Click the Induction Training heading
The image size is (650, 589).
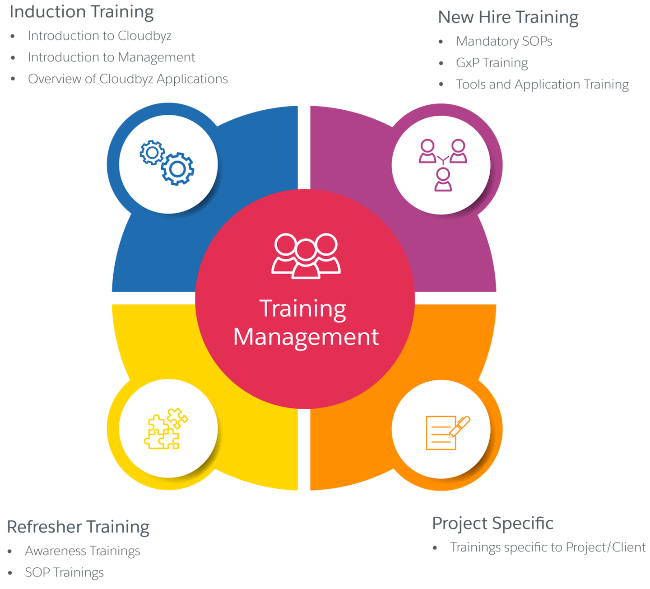[81, 12]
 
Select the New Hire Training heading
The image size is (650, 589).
[508, 18]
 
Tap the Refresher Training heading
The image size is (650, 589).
[78, 527]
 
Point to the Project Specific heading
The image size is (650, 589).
[492, 523]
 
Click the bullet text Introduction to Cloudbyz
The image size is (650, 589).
[100, 36]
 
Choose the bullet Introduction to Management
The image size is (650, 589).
[111, 57]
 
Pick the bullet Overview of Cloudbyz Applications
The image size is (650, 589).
[128, 79]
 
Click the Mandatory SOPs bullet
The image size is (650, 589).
[504, 41]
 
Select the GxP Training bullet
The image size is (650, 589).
[492, 63]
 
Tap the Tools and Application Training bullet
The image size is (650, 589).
[542, 84]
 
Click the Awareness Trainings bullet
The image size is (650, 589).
[83, 551]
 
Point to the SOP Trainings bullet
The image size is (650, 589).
[65, 573]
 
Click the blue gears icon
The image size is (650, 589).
[167, 162]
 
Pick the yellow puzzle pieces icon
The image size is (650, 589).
[166, 429]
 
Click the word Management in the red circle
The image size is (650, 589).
[306, 337]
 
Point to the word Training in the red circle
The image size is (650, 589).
[303, 309]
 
